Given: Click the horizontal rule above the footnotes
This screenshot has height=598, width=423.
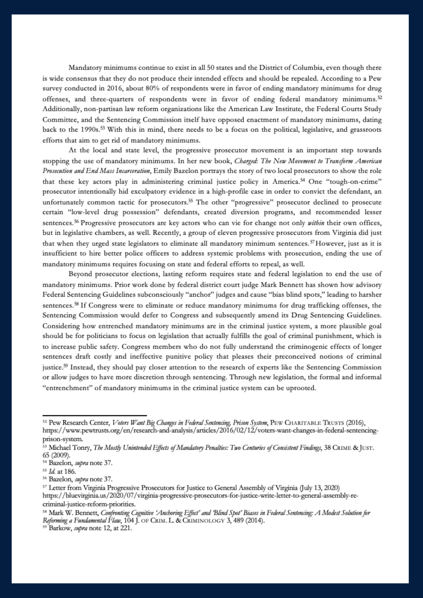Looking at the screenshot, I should click(95, 415).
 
